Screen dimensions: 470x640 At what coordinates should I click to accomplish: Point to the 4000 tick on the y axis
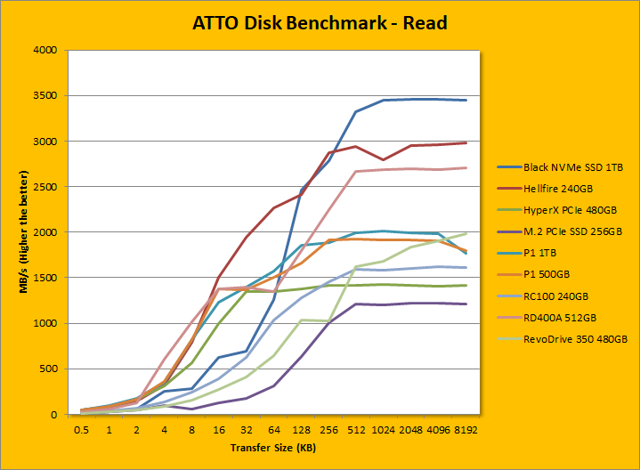coord(45,51)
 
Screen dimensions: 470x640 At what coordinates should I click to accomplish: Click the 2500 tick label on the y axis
coord(45,187)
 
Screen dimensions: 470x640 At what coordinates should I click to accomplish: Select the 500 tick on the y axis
coord(48,369)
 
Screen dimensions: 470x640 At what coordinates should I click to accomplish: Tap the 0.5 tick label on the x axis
coord(83,429)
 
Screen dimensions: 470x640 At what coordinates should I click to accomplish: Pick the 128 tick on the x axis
coord(302,429)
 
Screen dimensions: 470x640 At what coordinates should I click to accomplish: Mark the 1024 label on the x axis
coord(384,429)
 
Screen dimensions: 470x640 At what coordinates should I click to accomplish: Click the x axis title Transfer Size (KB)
coord(273,448)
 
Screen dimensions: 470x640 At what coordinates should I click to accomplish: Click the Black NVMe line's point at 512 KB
coord(356,111)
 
